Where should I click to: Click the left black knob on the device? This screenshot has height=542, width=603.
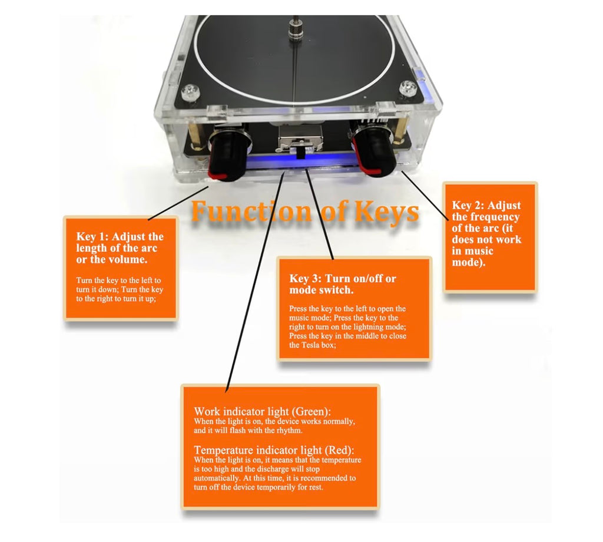click(x=228, y=154)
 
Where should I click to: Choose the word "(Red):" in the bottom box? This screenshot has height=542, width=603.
click(x=339, y=450)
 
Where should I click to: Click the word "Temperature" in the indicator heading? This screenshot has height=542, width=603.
click(x=224, y=450)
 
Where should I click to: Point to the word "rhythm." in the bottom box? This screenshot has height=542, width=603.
click(x=290, y=431)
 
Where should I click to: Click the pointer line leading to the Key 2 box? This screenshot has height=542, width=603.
click(x=425, y=196)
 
